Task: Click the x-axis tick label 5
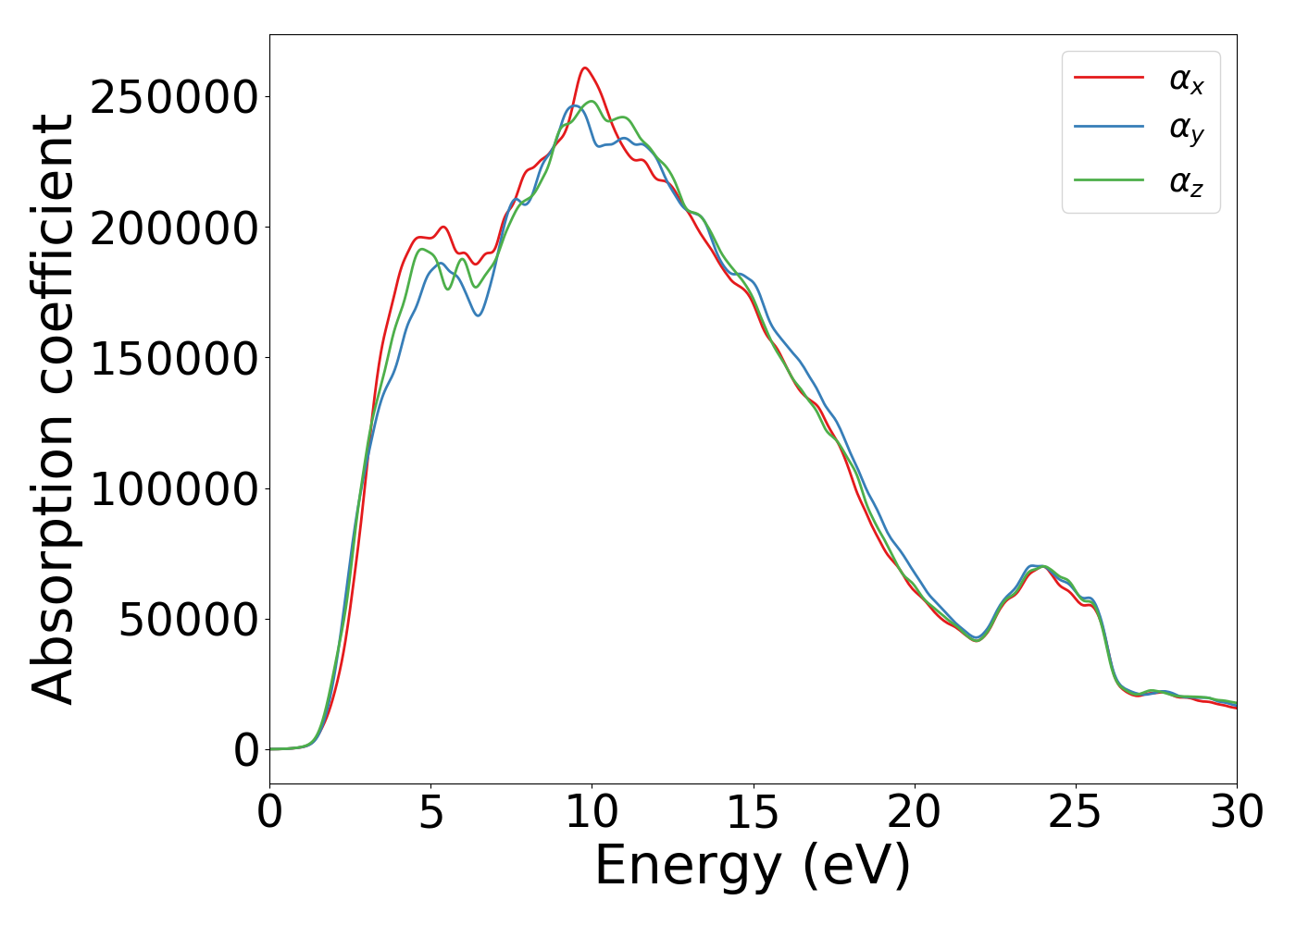click(x=430, y=813)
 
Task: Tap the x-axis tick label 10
click(x=592, y=813)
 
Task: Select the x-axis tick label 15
click(x=753, y=813)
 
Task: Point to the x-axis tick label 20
click(x=915, y=813)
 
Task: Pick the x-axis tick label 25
click(x=1076, y=813)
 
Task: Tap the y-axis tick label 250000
click(x=174, y=97)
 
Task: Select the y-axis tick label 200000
click(x=174, y=228)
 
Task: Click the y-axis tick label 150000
click(x=174, y=359)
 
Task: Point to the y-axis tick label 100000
click(x=174, y=489)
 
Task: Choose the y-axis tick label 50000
click(x=188, y=620)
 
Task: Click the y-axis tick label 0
click(x=246, y=750)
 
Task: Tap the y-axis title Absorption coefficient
click(x=53, y=409)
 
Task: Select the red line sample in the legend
click(x=1108, y=78)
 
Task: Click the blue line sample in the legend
click(x=1108, y=129)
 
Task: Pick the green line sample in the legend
click(x=1108, y=179)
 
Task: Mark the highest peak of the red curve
click(x=584, y=68)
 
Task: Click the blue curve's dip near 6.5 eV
click(x=478, y=315)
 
